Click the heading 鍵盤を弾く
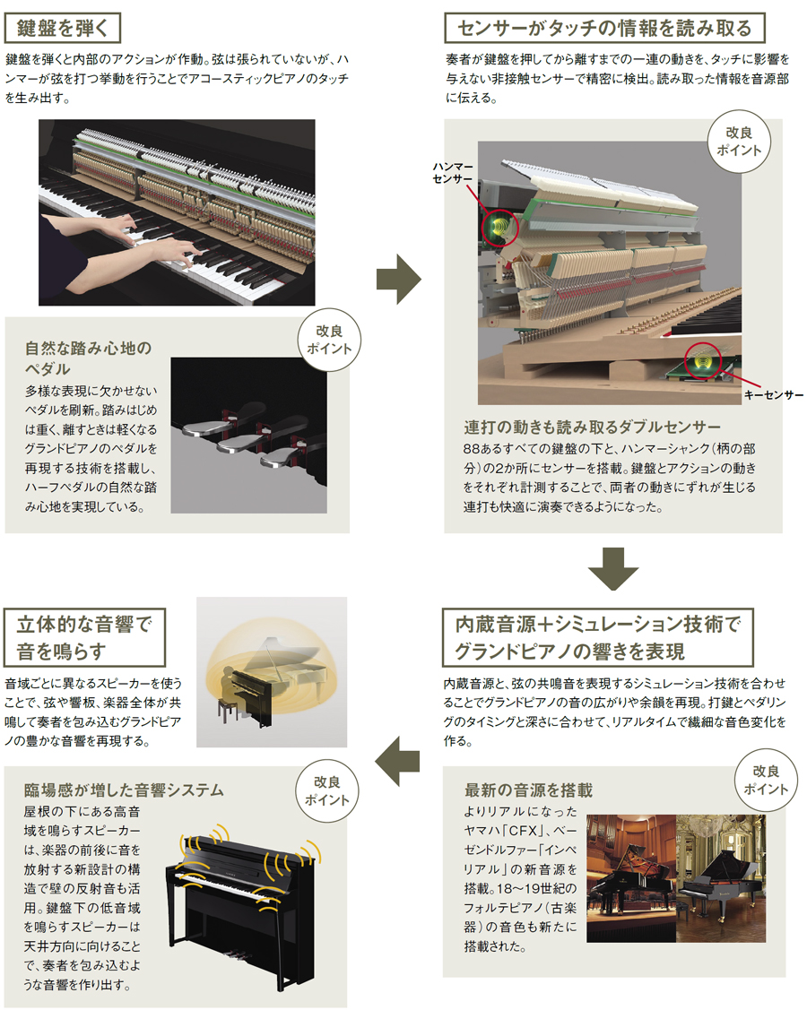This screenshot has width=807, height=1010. click(63, 29)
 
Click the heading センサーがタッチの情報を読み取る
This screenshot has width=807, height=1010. click(604, 29)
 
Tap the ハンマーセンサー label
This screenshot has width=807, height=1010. click(453, 173)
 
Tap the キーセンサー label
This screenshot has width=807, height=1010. click(774, 395)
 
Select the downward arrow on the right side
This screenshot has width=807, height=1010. click(613, 568)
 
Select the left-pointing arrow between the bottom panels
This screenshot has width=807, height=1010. click(397, 761)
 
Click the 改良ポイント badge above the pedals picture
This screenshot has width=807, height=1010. click(329, 341)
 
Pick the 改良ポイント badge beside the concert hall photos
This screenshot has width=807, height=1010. click(766, 780)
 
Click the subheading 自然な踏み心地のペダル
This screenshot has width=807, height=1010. click(88, 358)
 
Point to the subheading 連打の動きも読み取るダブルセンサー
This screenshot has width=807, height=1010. click(592, 427)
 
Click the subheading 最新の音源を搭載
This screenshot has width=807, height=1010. click(528, 790)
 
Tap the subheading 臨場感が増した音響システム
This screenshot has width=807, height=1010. click(124, 790)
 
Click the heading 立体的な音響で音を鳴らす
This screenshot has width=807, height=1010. click(84, 637)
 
